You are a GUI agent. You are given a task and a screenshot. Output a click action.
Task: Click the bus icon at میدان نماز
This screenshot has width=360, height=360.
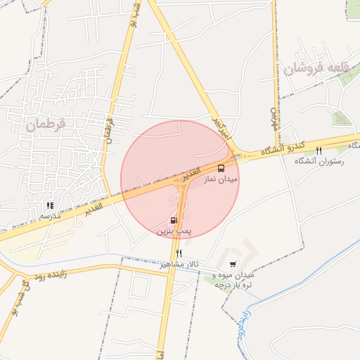point(221,168)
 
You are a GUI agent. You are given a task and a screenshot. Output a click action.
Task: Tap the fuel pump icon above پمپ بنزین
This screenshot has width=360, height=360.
point(174,220)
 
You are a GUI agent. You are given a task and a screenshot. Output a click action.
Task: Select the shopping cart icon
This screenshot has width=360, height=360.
point(233,265)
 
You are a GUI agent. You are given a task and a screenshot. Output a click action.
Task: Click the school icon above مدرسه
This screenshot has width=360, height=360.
point(50,206)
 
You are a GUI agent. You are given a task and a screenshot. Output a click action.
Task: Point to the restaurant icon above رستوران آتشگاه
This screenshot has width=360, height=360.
point(319,151)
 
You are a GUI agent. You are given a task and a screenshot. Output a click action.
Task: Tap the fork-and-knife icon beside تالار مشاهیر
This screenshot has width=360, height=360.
point(179,253)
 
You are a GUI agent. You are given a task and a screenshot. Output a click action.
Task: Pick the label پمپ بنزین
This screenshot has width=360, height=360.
point(174,231)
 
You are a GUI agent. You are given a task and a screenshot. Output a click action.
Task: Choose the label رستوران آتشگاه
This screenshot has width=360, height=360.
point(321,162)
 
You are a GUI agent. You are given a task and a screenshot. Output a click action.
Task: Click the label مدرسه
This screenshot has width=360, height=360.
point(50,216)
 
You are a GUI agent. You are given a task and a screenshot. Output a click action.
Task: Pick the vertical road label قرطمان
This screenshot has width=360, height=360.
point(108,127)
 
